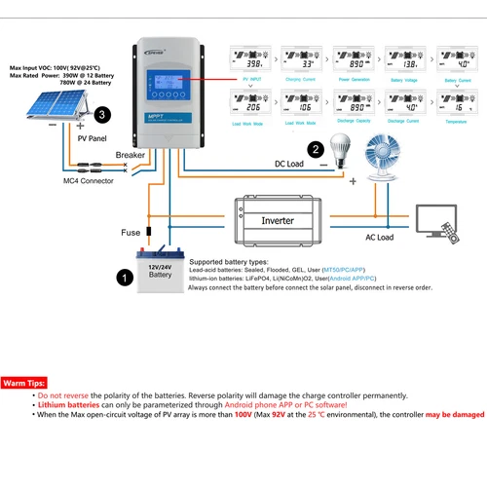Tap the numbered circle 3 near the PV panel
[102, 115]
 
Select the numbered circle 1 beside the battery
[124, 278]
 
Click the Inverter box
[277, 221]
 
